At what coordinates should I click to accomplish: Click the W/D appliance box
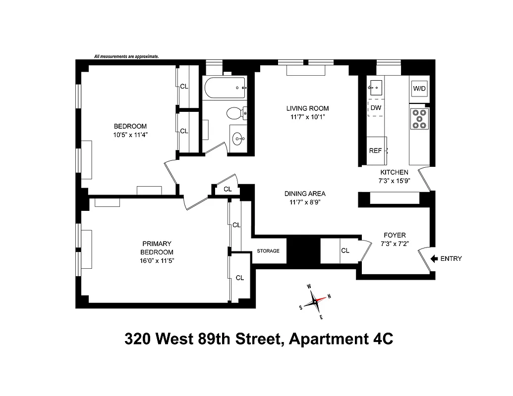pos(419,89)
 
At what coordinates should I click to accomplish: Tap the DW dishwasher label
pos(376,107)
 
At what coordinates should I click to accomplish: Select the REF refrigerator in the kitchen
pos(376,150)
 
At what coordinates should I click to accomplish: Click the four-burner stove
pos(419,119)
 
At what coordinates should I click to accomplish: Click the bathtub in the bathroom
pos(225,89)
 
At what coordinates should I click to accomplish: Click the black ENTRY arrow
pos(435,258)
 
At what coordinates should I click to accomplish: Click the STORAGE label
pos(268,251)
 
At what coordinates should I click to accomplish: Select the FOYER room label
pos(395,235)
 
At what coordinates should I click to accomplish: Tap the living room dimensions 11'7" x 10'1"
pos(307,117)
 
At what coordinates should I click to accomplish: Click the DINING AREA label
pos(305,194)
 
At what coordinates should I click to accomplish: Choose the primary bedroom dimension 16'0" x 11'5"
pos(157,260)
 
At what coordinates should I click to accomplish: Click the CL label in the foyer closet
pos(345,250)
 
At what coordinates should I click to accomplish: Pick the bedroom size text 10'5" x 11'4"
pos(130,134)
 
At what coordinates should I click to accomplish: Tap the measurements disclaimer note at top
pos(126,56)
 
